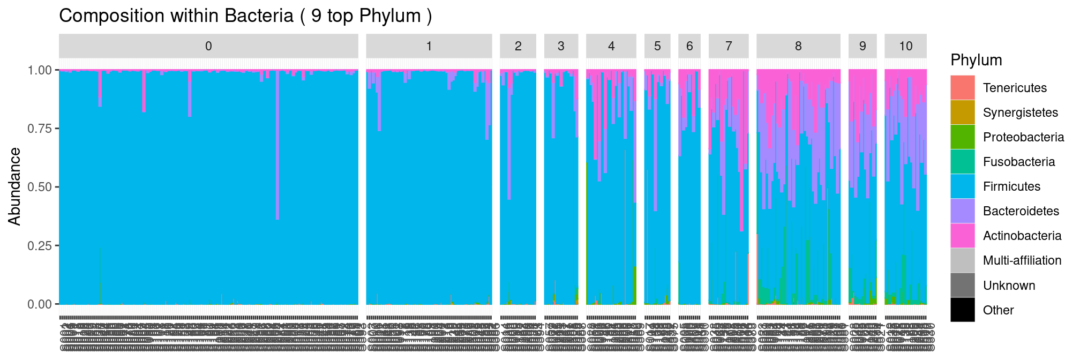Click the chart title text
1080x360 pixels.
coord(245,16)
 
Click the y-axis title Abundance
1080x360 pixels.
coord(14,186)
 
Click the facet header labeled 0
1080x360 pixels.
coord(208,46)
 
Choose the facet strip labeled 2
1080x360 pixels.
coord(518,46)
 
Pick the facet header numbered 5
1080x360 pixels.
coord(657,46)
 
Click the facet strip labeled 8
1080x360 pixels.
coord(798,46)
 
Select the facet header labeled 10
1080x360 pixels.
coord(905,46)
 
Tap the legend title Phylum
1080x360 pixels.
coord(976,60)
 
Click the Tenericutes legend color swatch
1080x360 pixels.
coord(963,88)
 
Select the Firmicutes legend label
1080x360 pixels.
coord(1011,186)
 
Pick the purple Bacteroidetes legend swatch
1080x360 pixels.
coord(963,211)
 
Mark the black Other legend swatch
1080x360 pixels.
coord(963,310)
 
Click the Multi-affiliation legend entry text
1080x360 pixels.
coord(1022,260)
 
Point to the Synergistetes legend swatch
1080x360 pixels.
coord(963,112)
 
